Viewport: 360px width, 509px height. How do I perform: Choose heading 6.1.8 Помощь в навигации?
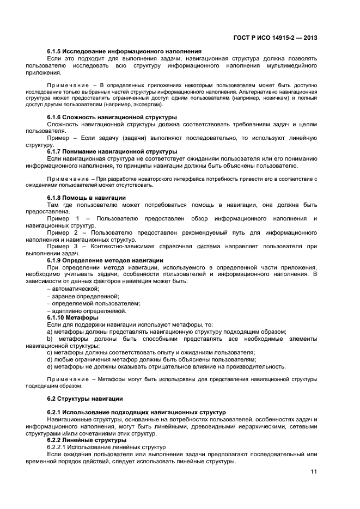click(x=87, y=197)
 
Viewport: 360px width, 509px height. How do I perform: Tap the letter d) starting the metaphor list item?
click(x=50, y=359)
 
